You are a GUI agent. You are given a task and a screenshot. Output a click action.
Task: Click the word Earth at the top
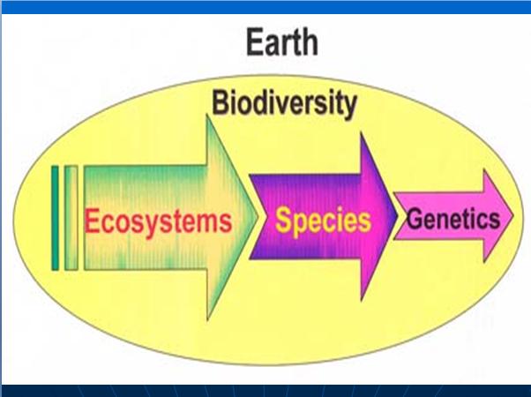tap(282, 42)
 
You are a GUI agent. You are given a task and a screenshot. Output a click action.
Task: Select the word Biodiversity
tap(284, 103)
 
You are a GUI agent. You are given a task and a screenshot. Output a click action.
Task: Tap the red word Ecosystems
tap(158, 221)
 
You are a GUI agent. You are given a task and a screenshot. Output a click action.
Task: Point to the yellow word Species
tap(323, 221)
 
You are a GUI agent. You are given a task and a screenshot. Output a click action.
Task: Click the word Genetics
tap(453, 219)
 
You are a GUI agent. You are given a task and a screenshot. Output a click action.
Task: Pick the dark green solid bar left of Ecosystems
tap(55, 218)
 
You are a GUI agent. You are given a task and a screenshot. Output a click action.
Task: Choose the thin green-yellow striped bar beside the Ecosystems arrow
tap(71, 218)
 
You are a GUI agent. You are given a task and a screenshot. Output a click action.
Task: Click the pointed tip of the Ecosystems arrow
tap(257, 218)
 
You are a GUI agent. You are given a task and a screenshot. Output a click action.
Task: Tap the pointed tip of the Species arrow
tap(397, 215)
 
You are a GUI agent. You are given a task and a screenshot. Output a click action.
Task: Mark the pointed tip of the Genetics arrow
tap(513, 215)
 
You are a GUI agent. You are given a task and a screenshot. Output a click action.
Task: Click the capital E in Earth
tap(255, 42)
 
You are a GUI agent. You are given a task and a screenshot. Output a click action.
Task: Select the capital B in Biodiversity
tap(220, 102)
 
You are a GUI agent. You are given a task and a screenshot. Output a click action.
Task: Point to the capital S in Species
tap(283, 220)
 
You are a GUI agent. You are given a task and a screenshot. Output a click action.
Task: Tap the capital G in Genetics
tap(414, 219)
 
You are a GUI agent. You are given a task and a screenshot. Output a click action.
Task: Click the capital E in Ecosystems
tap(92, 221)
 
